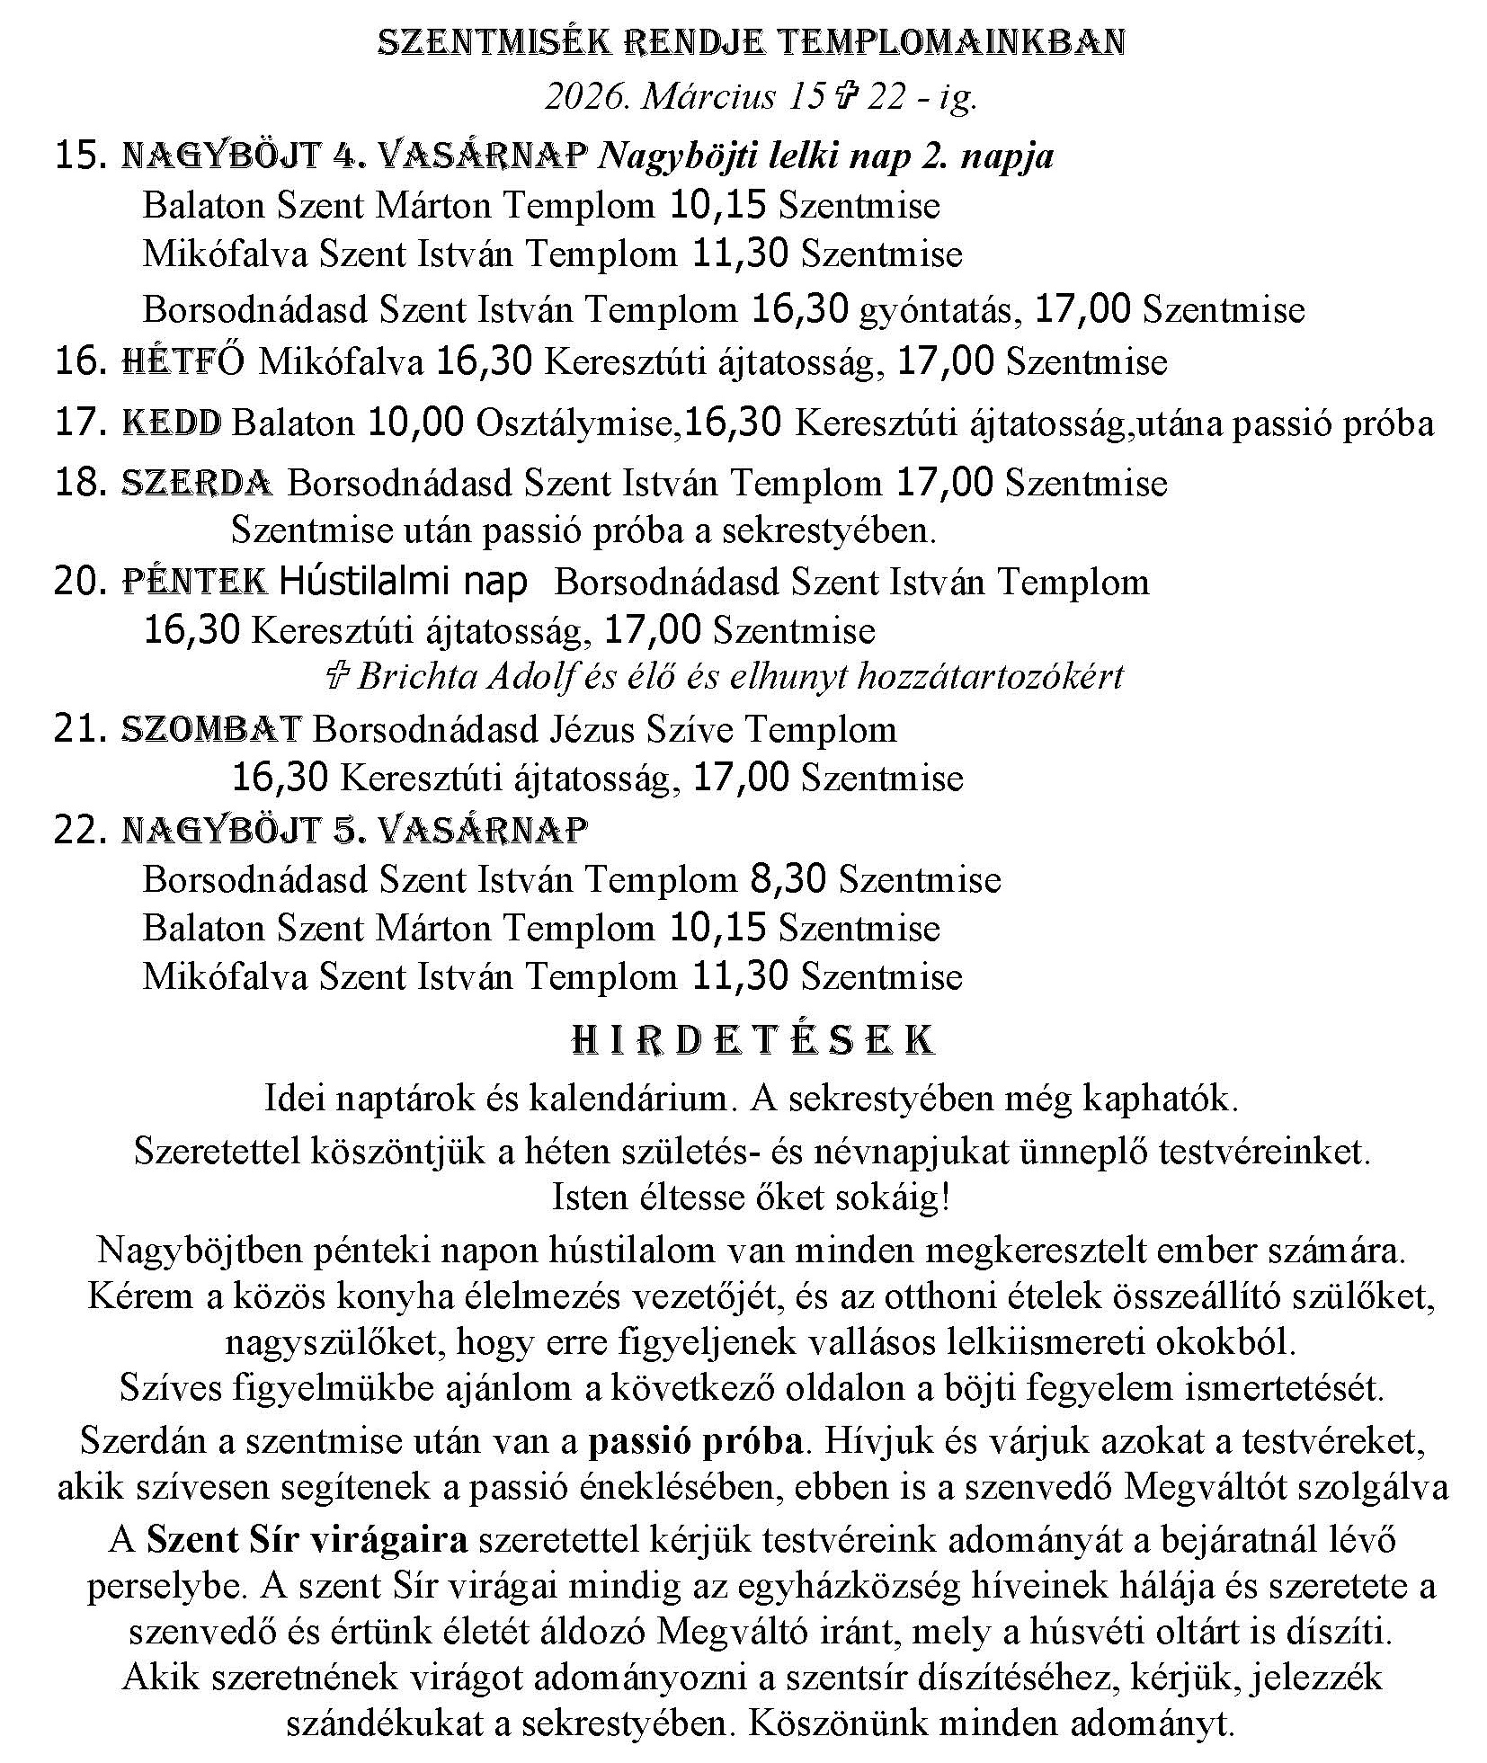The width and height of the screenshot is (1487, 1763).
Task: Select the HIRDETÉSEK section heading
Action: click(753, 1039)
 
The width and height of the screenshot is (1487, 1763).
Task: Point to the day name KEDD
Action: click(171, 423)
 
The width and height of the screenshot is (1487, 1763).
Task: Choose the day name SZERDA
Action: click(196, 484)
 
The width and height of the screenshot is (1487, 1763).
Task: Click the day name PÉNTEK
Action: click(194, 583)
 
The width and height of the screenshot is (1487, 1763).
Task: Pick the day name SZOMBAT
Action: click(210, 729)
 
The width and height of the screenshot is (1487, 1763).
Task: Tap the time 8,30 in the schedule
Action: click(787, 878)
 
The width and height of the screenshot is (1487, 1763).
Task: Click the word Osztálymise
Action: click(575, 423)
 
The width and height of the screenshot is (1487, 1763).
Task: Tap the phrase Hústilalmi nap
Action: click(403, 583)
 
